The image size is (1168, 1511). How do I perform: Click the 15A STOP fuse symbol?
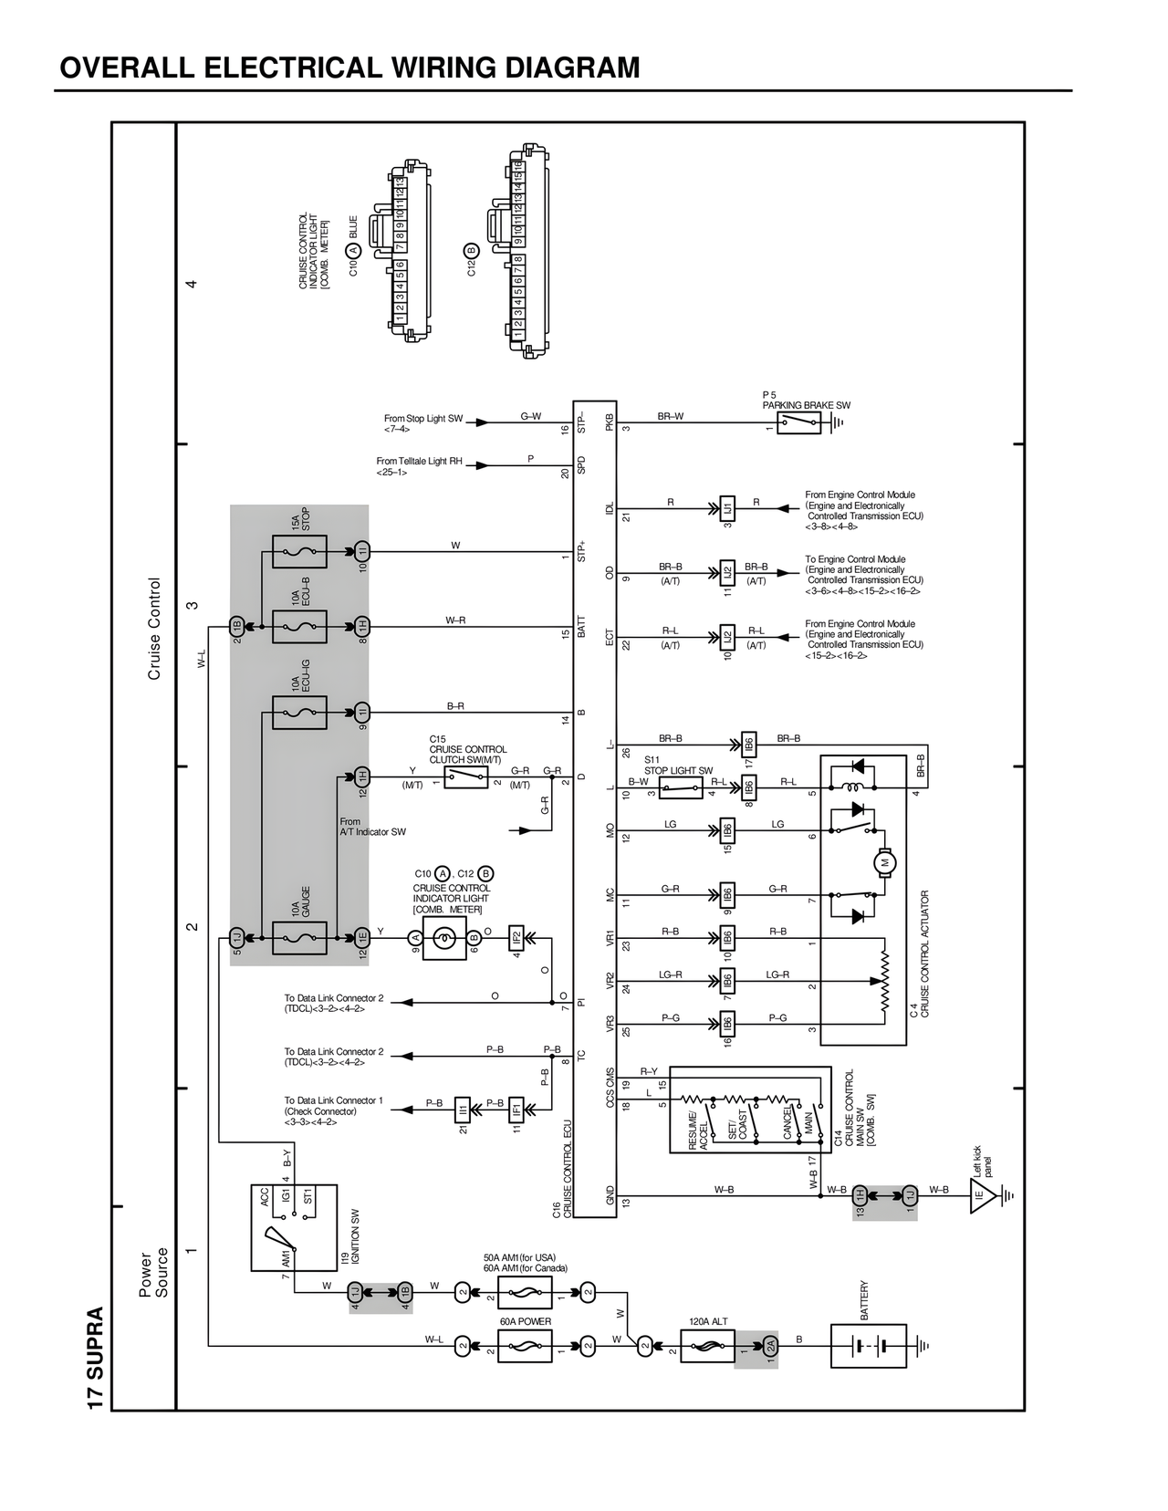(x=299, y=551)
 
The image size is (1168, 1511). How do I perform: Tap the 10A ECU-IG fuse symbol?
(x=299, y=712)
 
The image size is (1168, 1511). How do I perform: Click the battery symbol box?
(x=868, y=1346)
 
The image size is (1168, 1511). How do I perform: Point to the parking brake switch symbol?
(x=798, y=422)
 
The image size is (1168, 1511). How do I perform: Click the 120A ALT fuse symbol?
(x=707, y=1346)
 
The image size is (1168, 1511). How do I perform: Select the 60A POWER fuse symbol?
(x=525, y=1346)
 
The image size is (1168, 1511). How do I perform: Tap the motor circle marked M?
(x=884, y=860)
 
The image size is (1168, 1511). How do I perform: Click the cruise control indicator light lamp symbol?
(x=444, y=937)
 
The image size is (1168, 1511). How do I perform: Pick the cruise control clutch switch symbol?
(x=465, y=776)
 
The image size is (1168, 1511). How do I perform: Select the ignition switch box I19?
(x=294, y=1227)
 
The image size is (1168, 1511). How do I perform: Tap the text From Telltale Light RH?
(x=419, y=462)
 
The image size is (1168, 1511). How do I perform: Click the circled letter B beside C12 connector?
(x=471, y=251)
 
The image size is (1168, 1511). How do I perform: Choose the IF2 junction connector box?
(x=516, y=937)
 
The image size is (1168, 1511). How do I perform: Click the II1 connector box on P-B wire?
(x=463, y=1110)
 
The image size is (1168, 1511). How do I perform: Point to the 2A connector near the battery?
(x=770, y=1346)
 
